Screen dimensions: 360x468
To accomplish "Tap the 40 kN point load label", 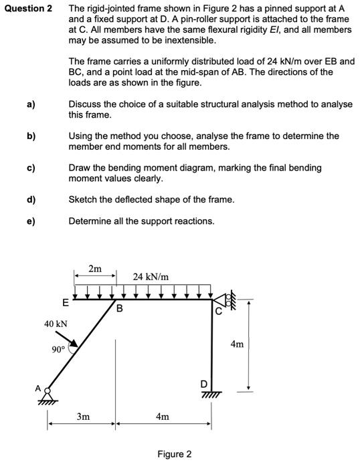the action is click(56, 324).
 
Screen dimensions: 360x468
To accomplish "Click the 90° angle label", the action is click(58, 349).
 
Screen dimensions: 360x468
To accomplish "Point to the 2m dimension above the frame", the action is click(95, 269).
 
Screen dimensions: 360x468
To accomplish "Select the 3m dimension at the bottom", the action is click(82, 417).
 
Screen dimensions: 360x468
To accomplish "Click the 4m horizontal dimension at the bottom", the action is click(163, 417).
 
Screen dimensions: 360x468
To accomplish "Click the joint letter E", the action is click(65, 303).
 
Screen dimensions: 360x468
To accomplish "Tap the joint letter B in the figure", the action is click(120, 309).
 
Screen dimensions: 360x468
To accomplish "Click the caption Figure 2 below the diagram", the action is click(174, 454).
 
